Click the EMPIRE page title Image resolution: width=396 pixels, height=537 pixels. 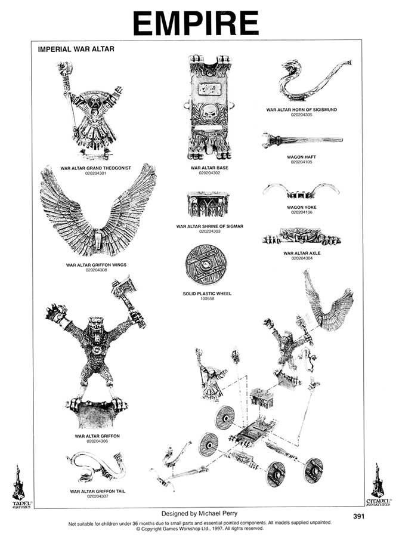tap(196, 23)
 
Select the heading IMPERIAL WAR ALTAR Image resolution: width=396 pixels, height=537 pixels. tap(76, 49)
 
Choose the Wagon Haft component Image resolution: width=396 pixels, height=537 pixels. tap(301, 141)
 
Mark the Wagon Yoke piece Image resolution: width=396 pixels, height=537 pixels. tap(301, 192)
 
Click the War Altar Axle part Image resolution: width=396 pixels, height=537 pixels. tap(301, 236)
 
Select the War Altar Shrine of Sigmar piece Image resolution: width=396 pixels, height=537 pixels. tap(208, 205)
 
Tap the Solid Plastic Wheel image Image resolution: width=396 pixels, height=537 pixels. tap(207, 266)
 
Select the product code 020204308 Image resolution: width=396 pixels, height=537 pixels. tap(98, 270)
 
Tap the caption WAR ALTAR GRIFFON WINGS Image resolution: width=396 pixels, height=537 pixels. tap(97, 264)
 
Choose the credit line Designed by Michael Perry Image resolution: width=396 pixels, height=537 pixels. tap(196, 513)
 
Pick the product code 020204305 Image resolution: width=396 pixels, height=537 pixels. tap(302, 115)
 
